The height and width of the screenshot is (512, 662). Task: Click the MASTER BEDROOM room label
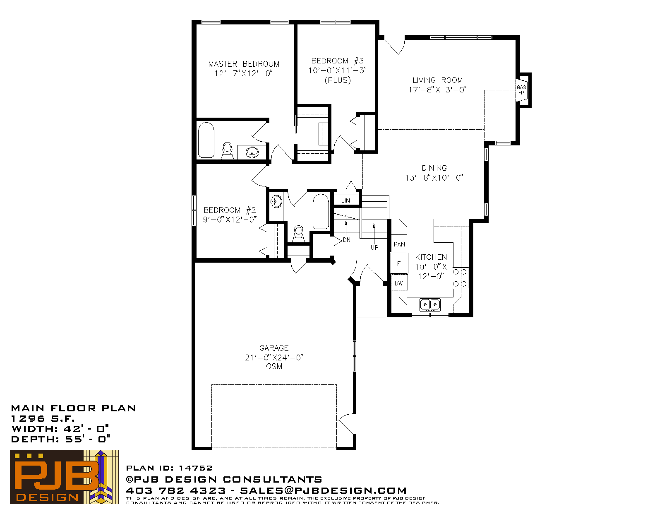tap(244, 64)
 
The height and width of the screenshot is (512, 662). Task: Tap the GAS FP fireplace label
tap(521, 90)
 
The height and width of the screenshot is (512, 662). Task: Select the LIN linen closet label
tap(345, 200)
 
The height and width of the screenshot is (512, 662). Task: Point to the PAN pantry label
tap(399, 244)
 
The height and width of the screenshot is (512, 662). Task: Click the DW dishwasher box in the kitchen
tap(399, 283)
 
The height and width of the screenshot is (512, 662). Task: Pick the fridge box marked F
tap(399, 263)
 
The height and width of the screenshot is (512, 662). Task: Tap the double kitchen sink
tap(430, 304)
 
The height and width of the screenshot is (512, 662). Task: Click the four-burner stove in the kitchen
tap(460, 278)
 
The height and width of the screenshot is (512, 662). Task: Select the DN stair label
tap(347, 240)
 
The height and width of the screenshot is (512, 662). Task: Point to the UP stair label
tap(374, 248)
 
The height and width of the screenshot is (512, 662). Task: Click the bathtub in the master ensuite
tap(206, 140)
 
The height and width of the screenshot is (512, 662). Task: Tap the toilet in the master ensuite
tap(227, 151)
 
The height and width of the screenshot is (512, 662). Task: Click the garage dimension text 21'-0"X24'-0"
tap(274, 357)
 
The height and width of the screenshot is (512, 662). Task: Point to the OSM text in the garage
tap(274, 366)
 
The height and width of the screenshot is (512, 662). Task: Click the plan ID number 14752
tap(196, 468)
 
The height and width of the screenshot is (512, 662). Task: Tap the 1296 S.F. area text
tap(43, 418)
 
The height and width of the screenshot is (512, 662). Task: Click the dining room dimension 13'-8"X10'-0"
tap(434, 177)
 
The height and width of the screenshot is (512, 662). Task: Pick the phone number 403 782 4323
tap(176, 490)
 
